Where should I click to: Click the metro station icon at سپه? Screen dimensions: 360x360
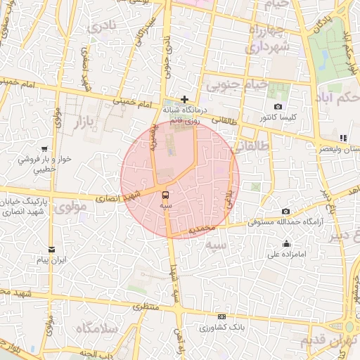(x=165, y=194)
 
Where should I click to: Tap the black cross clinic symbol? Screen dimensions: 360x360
(x=185, y=99)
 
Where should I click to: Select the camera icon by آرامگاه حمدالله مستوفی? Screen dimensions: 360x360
(x=285, y=211)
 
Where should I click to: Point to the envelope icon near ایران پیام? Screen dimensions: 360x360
(x=51, y=250)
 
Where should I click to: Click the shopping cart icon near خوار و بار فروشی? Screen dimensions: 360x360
(x=45, y=149)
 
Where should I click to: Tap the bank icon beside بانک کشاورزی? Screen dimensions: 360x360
(x=222, y=317)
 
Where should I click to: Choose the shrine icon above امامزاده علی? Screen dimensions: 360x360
(x=286, y=244)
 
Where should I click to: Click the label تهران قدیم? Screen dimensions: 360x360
(x=324, y=341)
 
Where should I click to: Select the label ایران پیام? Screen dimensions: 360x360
(x=52, y=260)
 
